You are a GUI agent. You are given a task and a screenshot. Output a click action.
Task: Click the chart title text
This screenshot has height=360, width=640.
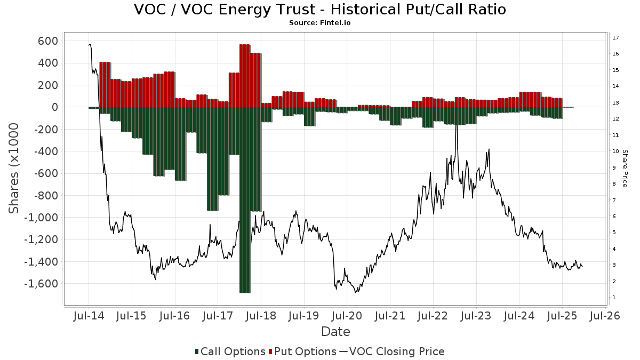[319, 10]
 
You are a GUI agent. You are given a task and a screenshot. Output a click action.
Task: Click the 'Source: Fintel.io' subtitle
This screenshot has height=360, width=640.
[319, 23]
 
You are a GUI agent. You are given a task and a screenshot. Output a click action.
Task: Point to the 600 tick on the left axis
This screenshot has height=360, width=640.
[47, 41]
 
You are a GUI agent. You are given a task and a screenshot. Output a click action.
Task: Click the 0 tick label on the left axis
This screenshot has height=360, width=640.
[54, 107]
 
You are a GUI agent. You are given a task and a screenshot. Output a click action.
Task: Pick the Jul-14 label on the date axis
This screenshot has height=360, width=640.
[89, 316]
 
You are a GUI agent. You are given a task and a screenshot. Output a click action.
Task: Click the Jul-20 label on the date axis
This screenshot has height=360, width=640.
[347, 316]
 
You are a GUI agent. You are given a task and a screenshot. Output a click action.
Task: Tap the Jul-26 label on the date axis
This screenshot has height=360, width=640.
[605, 316]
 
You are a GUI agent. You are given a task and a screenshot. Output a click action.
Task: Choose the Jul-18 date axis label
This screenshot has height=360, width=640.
[261, 316]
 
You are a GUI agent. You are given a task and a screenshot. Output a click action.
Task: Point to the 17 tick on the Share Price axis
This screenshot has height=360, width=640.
[615, 37]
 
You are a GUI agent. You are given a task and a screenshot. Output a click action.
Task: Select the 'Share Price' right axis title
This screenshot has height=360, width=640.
[625, 168]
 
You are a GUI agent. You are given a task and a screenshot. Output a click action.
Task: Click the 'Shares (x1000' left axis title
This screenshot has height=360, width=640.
[14, 168]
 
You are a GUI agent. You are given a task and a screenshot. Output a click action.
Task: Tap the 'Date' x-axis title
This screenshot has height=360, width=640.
[335, 332]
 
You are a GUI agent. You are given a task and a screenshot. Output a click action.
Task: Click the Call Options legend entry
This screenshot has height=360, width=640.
[230, 351]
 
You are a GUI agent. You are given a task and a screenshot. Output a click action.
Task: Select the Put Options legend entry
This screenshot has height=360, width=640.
[303, 351]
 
